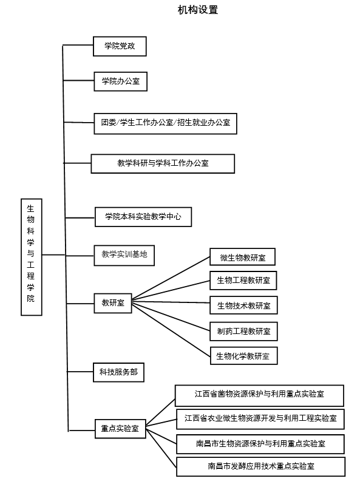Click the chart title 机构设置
coord(198,10)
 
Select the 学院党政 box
coord(120,46)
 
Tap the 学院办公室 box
coord(120,81)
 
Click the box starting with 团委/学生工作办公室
coord(166,123)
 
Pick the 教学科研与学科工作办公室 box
coord(163,163)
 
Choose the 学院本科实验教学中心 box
coord(143,217)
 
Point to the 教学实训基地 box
coord(124,255)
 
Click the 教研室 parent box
coord(113,303)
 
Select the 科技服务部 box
coord(118,372)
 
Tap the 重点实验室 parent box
coord(120,429)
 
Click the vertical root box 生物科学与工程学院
coord(32,257)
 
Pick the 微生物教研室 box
coord(242,257)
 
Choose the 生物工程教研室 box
coord(243,281)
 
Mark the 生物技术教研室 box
coord(243,305)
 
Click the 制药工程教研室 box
coord(243,332)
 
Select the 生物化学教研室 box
coord(243,356)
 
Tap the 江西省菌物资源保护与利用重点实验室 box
coord(259,395)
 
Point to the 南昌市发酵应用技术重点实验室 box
coord(260,467)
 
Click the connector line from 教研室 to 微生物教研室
coord(171,278)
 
